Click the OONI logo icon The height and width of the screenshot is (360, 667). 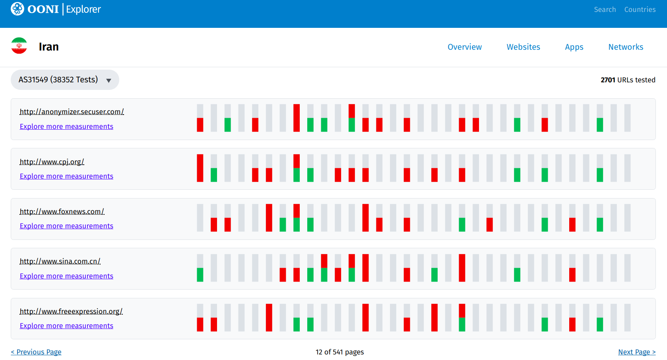click(17, 9)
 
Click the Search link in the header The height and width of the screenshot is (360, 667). click(605, 10)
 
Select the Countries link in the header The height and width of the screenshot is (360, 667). click(640, 10)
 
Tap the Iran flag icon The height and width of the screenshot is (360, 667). click(19, 46)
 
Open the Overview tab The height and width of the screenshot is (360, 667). click(464, 47)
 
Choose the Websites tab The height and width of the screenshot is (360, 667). click(523, 47)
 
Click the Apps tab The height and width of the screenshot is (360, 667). click(574, 47)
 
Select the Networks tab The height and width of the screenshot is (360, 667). click(625, 47)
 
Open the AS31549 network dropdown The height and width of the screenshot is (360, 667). click(65, 80)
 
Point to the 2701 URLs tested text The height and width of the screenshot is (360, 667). click(628, 80)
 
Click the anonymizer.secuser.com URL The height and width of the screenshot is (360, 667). click(72, 112)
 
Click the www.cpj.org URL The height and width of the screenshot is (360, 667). click(52, 162)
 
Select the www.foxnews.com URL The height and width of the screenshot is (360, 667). click(62, 212)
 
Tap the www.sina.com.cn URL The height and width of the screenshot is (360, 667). click(60, 261)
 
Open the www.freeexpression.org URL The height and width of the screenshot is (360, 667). click(71, 311)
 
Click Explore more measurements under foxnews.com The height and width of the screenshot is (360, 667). click(66, 226)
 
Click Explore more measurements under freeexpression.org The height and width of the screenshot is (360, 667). click(66, 326)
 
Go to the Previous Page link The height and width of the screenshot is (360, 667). click(36, 352)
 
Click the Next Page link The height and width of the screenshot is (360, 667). click(636, 352)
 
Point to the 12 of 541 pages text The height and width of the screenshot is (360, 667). click(339, 352)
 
